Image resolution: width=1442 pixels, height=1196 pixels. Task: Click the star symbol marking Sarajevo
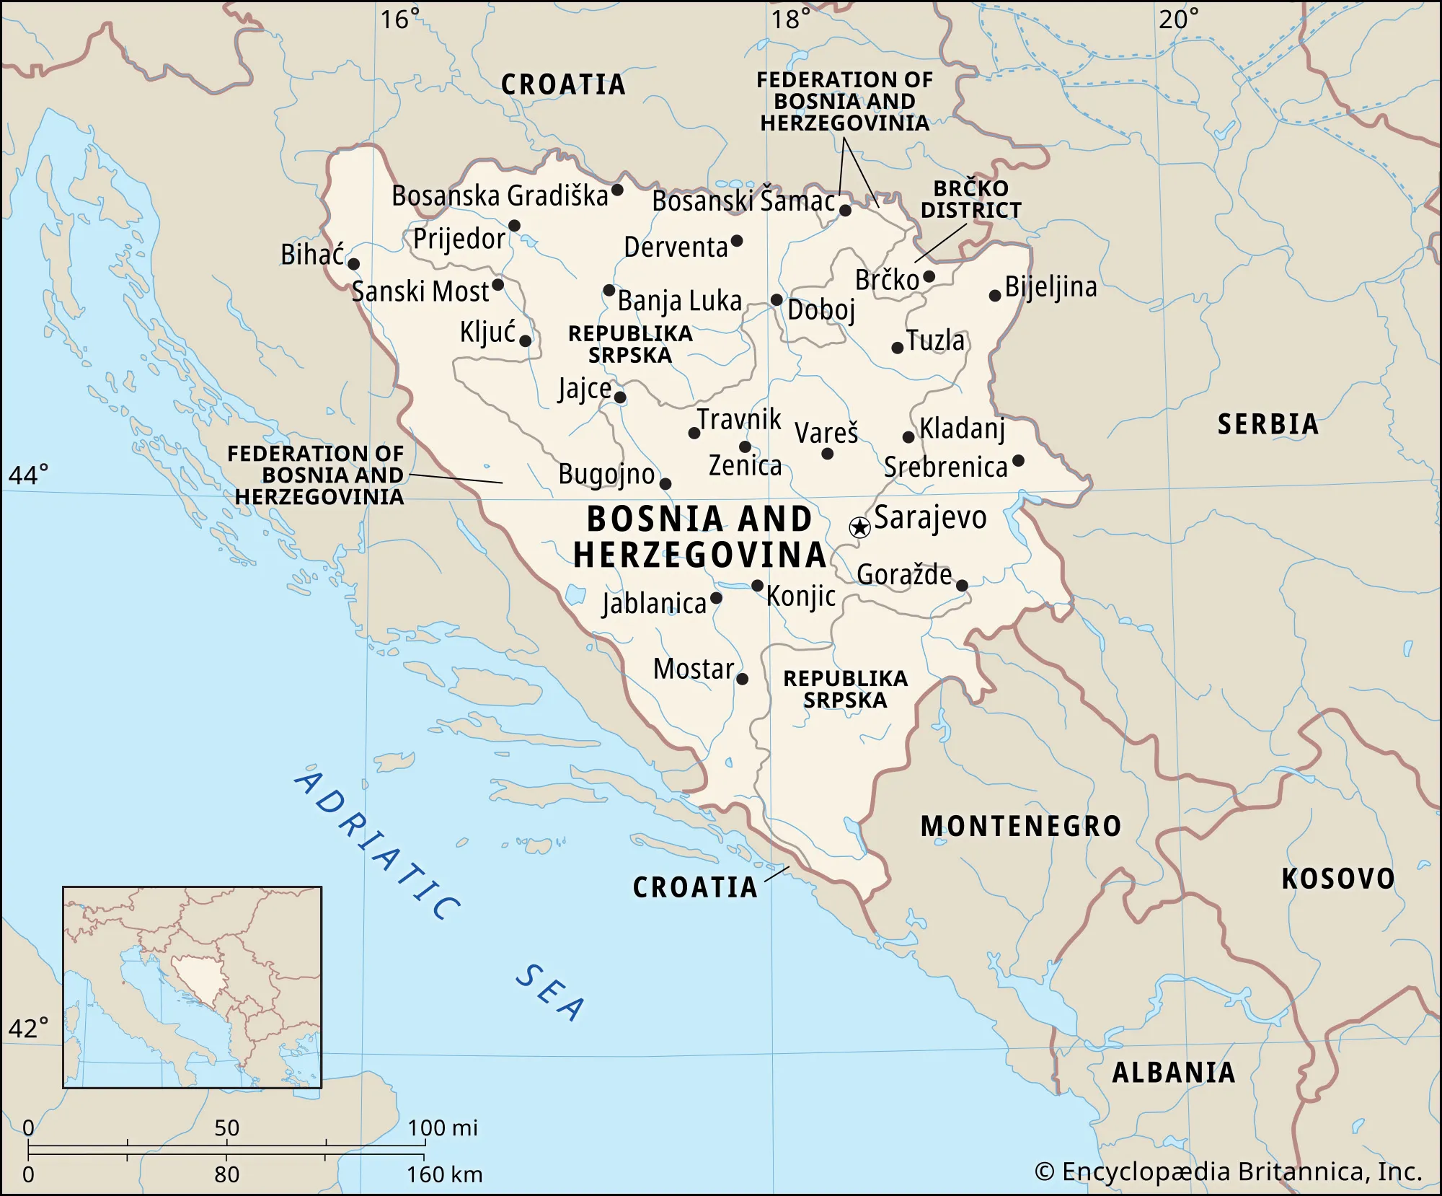(x=859, y=527)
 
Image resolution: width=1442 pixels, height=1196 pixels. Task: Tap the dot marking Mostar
(x=742, y=679)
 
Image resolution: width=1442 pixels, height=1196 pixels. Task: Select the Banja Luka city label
(x=679, y=301)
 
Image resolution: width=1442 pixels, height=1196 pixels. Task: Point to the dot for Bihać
(x=354, y=264)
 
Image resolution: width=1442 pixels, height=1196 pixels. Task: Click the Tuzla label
(x=935, y=340)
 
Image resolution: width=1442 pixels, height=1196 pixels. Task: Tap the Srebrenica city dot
(x=1018, y=460)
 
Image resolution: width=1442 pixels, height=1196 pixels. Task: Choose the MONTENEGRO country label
(x=1021, y=827)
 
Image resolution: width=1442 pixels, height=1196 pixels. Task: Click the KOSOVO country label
(x=1337, y=879)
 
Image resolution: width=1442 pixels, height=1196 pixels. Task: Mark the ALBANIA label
(x=1174, y=1073)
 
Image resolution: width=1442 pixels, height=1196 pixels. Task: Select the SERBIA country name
(x=1268, y=424)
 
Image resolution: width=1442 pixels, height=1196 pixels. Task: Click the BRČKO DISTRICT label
(x=971, y=199)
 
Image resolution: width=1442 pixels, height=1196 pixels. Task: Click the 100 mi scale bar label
(x=442, y=1127)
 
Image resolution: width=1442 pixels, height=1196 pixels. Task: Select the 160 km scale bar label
(x=444, y=1174)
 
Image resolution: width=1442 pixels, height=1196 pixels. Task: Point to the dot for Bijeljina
(x=995, y=295)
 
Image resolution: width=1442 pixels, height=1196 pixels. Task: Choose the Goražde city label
(x=904, y=575)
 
